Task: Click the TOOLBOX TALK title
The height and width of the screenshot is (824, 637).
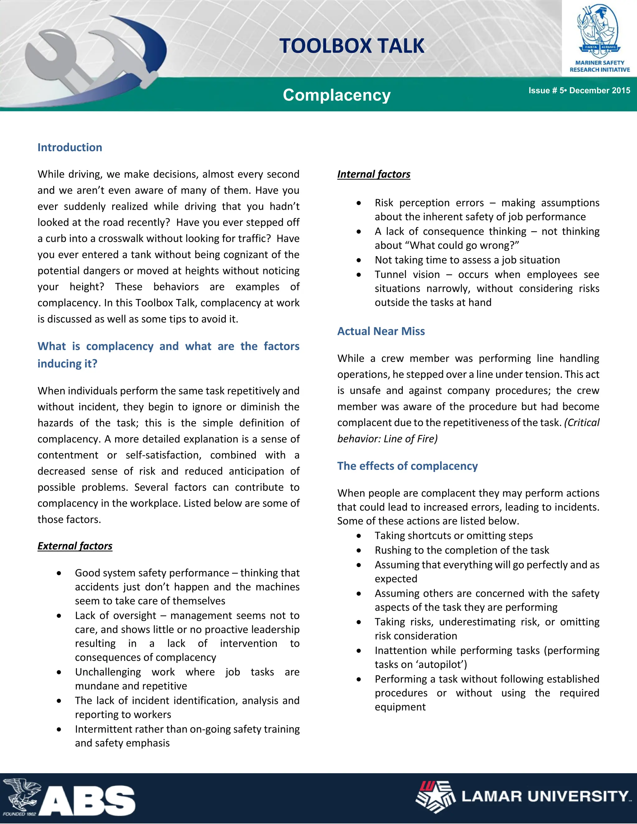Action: pos(352,46)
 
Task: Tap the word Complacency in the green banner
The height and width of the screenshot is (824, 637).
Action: pos(337,95)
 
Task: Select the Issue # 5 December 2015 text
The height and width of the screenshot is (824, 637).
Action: pos(579,90)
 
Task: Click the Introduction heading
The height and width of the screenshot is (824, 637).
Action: pos(70,147)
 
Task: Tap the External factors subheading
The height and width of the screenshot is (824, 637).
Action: pos(75,546)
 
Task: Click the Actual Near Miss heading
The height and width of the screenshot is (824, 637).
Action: pos(381,331)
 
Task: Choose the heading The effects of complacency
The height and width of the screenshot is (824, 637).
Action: pos(407,466)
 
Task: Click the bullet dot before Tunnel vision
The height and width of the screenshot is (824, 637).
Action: pos(359,275)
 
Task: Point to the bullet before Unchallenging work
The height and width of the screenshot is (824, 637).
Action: pos(59,672)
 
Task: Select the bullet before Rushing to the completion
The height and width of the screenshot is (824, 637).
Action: pos(359,550)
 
